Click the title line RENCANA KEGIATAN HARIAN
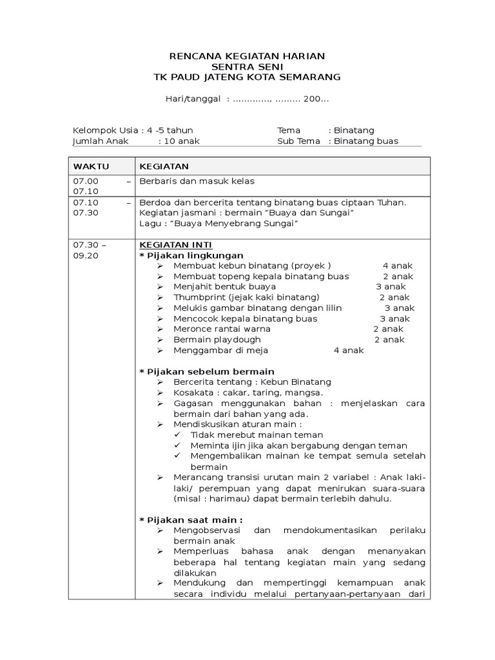tap(247, 56)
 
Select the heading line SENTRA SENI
tap(247, 66)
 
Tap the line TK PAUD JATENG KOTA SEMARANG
tap(247, 77)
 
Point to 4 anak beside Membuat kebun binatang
tap(398, 266)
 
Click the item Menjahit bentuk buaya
tap(224, 286)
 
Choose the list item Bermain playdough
tap(217, 340)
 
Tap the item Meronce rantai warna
tap(222, 329)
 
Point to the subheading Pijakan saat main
tap(191, 519)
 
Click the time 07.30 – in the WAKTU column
tap(90, 245)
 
